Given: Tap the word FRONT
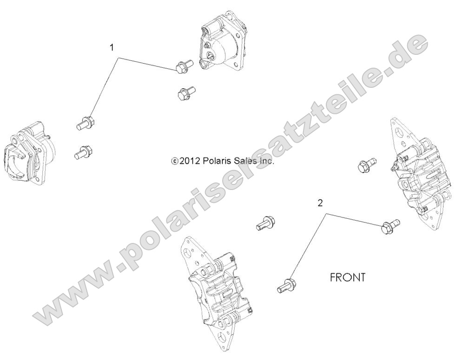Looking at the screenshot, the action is coord(347,277).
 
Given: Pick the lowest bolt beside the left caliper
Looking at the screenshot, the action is coord(83,151).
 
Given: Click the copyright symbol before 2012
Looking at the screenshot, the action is coord(175,162).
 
